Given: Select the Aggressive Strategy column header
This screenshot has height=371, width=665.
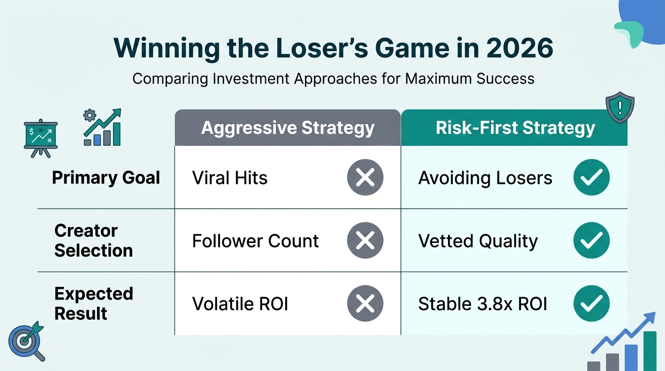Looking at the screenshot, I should click(x=288, y=128).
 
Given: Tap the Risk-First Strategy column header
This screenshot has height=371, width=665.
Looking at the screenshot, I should click(x=515, y=128).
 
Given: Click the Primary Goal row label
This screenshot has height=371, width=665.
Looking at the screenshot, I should click(x=106, y=178).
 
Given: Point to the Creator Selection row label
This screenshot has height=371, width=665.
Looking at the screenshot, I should click(x=93, y=241).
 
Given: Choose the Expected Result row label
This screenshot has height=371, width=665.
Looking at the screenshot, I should click(x=93, y=303).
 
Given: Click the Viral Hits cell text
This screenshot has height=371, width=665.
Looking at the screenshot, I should click(x=230, y=178).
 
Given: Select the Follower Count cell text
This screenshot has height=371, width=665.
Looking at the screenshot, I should click(x=255, y=241).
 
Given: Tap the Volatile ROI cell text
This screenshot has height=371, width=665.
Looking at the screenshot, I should click(x=240, y=304).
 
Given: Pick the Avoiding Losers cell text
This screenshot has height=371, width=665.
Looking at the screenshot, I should click(x=485, y=178).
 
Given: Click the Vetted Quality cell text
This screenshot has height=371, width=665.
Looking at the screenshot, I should click(x=477, y=241).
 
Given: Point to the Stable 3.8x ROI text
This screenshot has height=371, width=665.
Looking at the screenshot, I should click(x=482, y=304).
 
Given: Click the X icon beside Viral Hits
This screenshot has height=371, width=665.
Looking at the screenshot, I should click(x=365, y=178).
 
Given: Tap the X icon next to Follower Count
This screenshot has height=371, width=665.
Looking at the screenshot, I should click(x=365, y=241).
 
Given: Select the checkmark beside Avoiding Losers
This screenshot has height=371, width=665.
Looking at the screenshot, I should click(x=591, y=178).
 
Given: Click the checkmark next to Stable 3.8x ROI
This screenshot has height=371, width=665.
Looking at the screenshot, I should click(x=591, y=304).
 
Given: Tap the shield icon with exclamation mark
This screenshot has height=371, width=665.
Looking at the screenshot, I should click(x=620, y=108).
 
